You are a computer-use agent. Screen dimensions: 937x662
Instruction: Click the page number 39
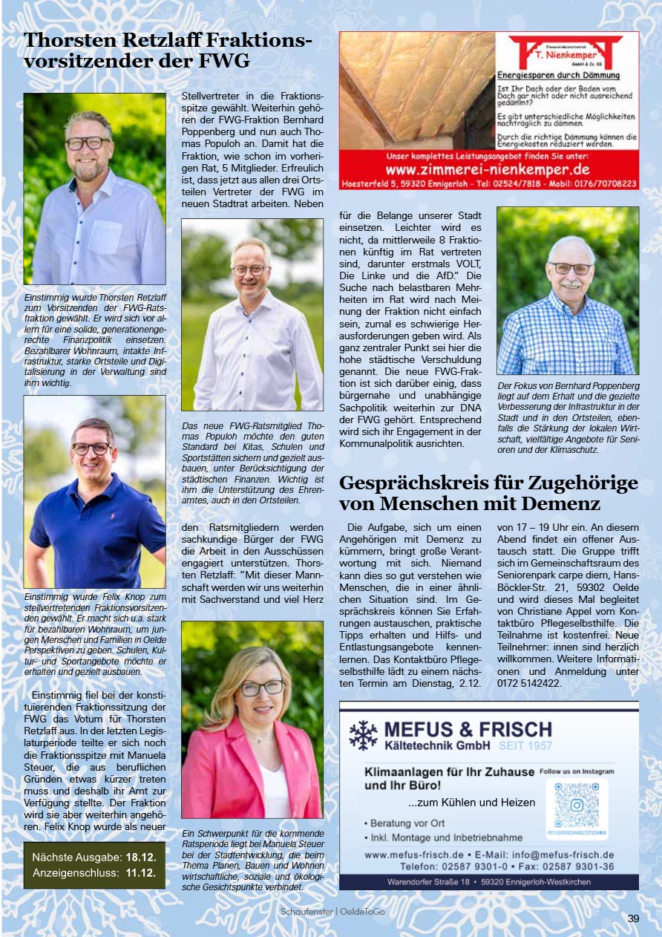pyautogui.click(x=633, y=918)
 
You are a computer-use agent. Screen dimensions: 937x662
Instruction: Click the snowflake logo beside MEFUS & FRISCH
pyautogui.click(x=364, y=734)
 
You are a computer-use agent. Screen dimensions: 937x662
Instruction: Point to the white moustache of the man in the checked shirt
pyautogui.click(x=569, y=284)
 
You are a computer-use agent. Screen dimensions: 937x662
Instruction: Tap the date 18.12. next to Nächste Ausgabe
pyautogui.click(x=141, y=856)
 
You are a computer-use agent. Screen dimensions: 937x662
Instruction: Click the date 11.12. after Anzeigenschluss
pyautogui.click(x=141, y=872)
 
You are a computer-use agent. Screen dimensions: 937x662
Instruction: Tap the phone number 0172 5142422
pyautogui.click(x=531, y=683)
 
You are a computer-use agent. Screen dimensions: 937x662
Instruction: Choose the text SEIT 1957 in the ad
pyautogui.click(x=525, y=745)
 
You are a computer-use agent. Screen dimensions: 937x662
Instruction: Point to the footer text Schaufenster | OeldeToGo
pyautogui.click(x=332, y=911)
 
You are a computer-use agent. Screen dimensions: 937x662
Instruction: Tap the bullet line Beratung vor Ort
pyautogui.click(x=405, y=823)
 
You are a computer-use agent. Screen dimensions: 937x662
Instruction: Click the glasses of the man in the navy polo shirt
pyautogui.click(x=92, y=449)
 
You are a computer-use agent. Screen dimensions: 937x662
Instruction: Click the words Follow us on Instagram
pyautogui.click(x=577, y=771)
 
